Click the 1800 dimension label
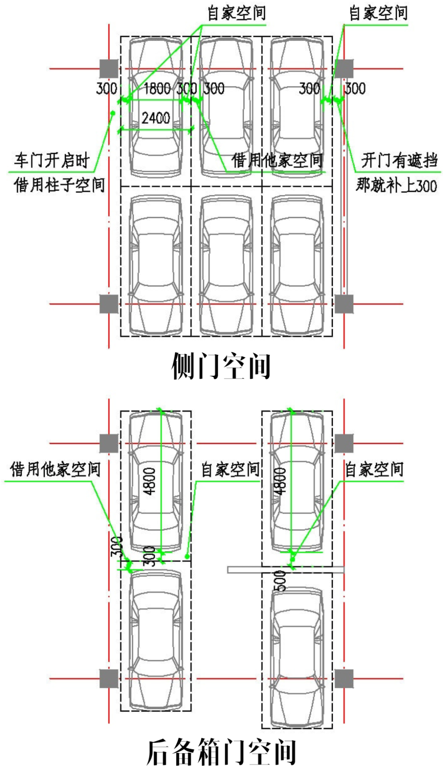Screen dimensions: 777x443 tap(158, 89)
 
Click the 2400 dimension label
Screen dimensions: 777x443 tap(156, 118)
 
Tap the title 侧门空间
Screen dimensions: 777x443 tap(221, 366)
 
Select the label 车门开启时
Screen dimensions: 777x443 tap(52, 160)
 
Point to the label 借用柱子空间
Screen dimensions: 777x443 tap(59, 185)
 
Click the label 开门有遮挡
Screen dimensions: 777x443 tap(399, 160)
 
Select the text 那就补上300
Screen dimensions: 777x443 tap(396, 185)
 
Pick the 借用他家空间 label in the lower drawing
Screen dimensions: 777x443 tap(55, 469)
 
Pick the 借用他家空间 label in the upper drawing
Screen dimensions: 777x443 tap(277, 160)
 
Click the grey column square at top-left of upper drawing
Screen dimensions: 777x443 tap(109, 69)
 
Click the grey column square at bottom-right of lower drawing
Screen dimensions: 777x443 tap(344, 679)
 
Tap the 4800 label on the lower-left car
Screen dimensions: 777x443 tap(150, 481)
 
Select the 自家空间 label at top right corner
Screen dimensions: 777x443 tap(378, 13)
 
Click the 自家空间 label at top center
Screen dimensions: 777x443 tap(237, 13)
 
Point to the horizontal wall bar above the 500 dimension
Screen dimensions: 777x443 tap(285, 569)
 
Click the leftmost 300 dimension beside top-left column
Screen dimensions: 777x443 tap(107, 89)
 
